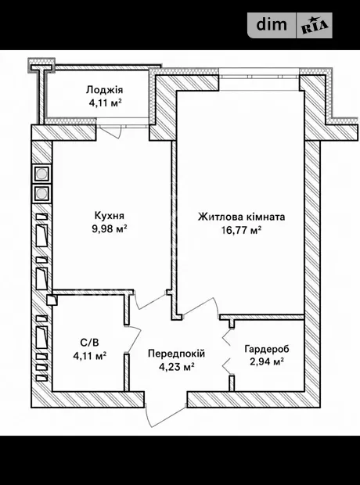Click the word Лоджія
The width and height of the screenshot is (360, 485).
click(104, 90)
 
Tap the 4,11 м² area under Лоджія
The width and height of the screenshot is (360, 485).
click(105, 102)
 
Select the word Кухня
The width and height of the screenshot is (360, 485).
click(110, 215)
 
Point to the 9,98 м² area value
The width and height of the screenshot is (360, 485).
click(110, 228)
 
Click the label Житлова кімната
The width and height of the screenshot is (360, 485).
click(242, 217)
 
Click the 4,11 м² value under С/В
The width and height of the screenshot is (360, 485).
click(90, 356)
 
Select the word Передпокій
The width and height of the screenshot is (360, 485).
click(176, 354)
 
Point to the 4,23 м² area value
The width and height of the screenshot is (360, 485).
click(176, 367)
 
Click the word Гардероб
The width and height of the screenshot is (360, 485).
click(267, 349)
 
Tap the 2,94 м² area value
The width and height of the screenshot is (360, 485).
click(267, 361)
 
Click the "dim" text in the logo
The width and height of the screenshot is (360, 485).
click(272, 24)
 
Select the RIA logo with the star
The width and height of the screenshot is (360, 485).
click(315, 26)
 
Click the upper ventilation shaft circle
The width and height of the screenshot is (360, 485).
click(41, 174)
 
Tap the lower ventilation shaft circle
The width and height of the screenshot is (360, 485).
click(41, 194)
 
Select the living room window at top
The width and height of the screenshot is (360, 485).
click(259, 79)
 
